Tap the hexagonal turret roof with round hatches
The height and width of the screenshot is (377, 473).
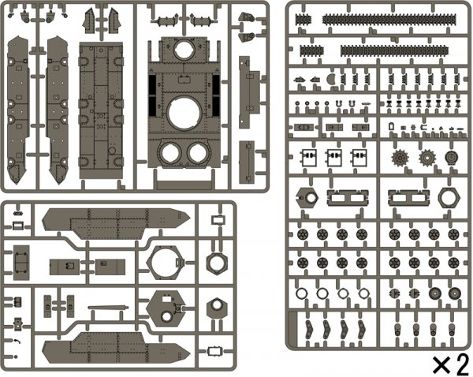164,310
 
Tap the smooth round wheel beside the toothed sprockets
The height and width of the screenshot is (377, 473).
452,157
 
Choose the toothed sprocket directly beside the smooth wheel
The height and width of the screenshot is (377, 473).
428,157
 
